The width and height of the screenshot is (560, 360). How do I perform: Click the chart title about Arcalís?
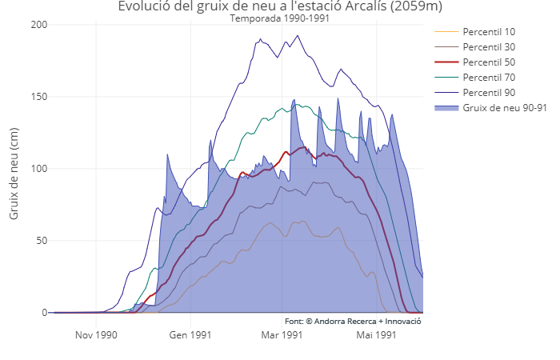279,7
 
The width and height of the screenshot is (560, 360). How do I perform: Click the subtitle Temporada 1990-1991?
279,18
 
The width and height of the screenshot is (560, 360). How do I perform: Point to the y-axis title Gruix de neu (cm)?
14,169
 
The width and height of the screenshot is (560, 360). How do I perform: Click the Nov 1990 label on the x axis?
96,335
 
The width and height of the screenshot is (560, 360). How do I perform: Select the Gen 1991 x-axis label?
190,335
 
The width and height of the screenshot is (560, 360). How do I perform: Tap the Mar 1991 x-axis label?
282,335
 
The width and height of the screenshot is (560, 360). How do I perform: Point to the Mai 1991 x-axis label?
376,335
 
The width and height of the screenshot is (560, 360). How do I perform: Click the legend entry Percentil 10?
489,32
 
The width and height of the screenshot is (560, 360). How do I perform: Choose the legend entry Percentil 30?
489,47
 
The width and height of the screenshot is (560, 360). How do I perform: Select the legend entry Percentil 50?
489,62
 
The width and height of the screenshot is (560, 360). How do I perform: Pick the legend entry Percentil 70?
489,78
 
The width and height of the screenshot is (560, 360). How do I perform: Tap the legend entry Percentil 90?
489,93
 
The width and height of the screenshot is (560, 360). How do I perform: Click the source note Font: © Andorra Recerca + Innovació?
353,321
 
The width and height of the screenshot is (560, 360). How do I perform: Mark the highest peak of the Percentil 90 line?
298,35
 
